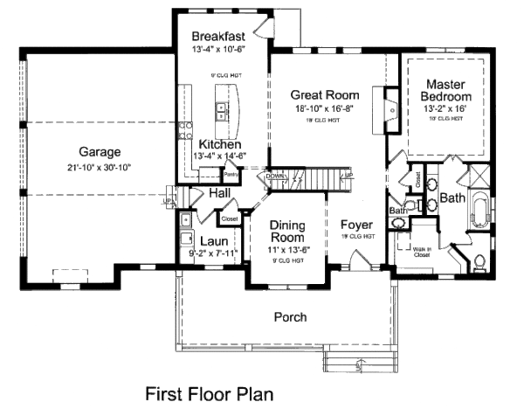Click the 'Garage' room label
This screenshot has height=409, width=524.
click(x=99, y=150)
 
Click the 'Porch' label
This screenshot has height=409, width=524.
click(x=290, y=317)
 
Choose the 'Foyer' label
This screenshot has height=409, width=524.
click(x=356, y=224)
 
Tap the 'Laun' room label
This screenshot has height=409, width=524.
click(x=214, y=242)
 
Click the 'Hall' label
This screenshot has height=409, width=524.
click(x=219, y=192)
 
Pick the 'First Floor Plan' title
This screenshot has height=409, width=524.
click(x=209, y=392)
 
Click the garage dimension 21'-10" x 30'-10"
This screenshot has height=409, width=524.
click(x=99, y=167)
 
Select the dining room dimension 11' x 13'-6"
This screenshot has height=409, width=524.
click(x=286, y=251)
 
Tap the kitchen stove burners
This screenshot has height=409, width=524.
click(x=186, y=132)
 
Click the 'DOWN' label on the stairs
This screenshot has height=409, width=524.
click(x=275, y=176)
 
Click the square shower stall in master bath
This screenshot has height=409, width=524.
click(x=479, y=176)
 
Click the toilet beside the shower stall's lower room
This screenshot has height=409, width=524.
click(x=482, y=260)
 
